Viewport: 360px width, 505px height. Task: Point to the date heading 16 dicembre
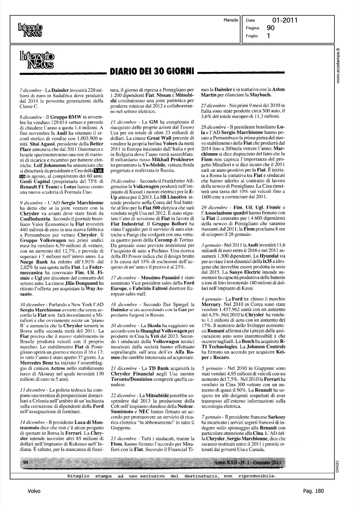click(x=123, y=181)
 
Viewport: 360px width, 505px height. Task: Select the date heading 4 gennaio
click(x=211, y=299)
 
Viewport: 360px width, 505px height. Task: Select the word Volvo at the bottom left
click(x=34, y=491)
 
